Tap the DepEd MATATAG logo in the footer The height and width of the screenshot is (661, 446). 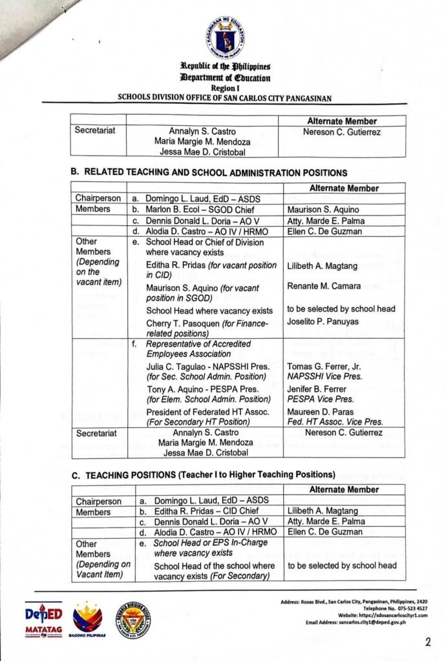tap(44, 620)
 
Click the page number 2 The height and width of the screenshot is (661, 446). tap(428, 642)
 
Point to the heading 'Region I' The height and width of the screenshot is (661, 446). tap(225, 87)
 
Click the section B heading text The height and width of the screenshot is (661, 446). tap(209, 173)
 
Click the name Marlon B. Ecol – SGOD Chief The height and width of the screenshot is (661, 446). tap(200, 210)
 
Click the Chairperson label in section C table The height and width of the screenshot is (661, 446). tap(98, 502)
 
